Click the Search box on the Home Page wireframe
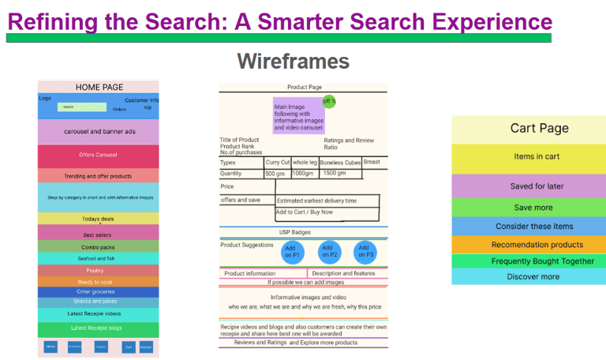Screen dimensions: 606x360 [82, 107]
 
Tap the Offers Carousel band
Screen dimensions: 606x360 [98, 156]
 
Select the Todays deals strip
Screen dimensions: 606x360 [98, 219]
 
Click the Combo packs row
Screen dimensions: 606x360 [98, 247]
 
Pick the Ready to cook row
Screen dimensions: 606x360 [98, 281]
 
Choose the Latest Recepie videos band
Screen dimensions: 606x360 [98, 313]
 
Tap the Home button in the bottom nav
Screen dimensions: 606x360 [50, 347]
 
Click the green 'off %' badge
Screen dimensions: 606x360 [328, 101]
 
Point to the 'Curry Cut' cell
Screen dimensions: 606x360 [278, 162]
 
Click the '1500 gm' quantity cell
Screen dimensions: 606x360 [335, 173]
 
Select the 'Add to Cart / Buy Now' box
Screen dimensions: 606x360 [327, 212]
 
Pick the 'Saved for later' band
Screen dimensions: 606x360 [528, 186]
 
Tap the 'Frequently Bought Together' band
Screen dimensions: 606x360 [528, 261]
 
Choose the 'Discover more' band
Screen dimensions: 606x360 [528, 276]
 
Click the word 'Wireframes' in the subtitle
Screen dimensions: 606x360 [293, 61]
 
